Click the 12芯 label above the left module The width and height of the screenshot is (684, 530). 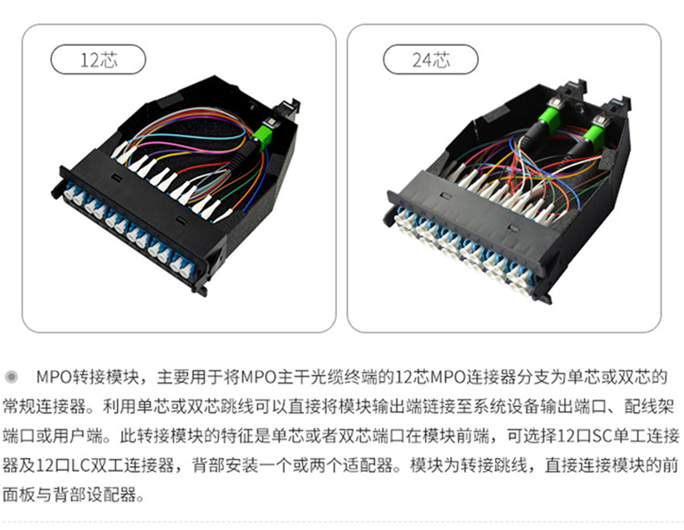98,60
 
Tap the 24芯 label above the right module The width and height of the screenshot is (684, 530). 430,60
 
